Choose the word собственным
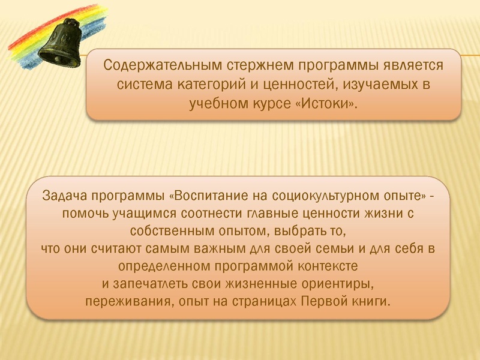pos(167,230)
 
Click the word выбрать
pos(300,230)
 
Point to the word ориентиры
pos(329,283)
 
